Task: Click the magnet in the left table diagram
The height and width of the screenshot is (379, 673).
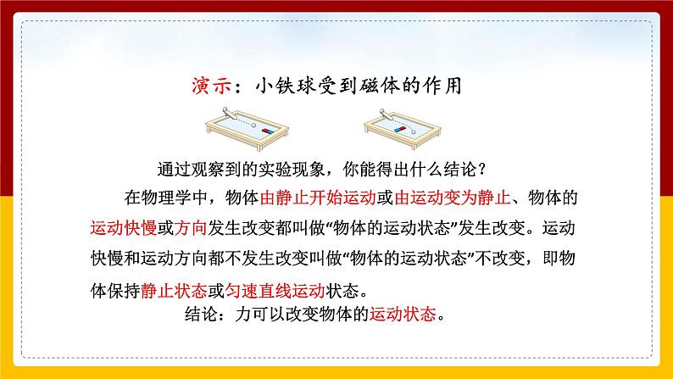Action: click(268, 131)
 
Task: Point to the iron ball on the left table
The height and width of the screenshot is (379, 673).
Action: click(232, 120)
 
